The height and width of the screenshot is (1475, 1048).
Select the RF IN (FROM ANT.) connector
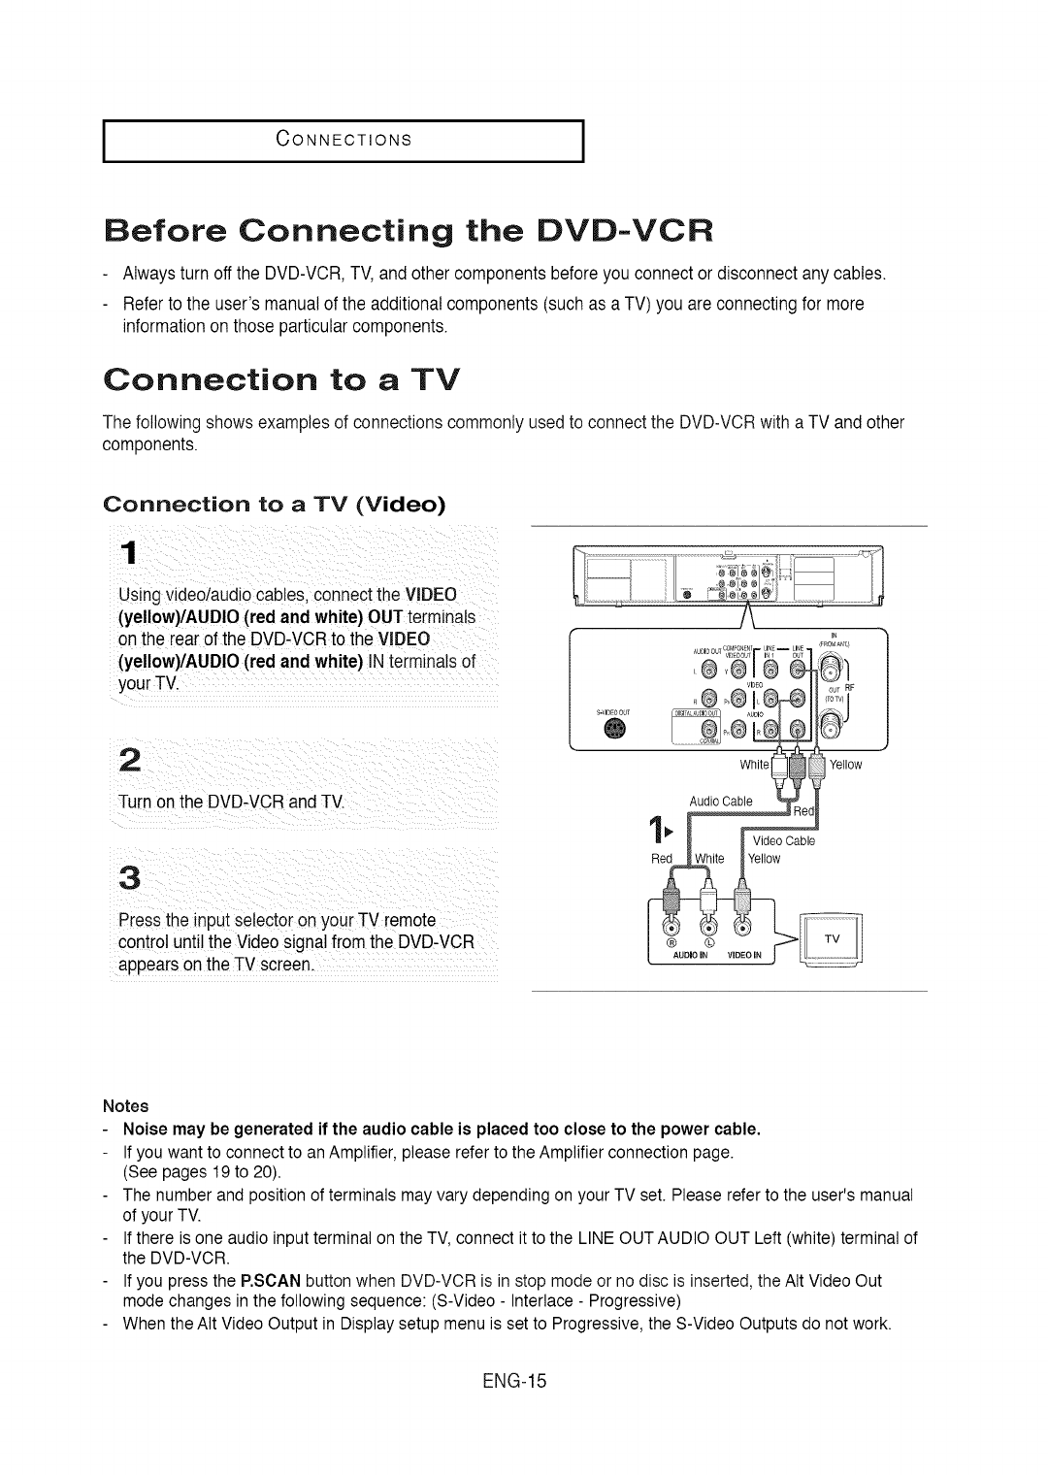pyautogui.click(x=831, y=669)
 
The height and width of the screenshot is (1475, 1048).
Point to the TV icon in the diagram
pyautogui.click(x=834, y=940)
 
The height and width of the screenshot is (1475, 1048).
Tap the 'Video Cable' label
pyautogui.click(x=784, y=840)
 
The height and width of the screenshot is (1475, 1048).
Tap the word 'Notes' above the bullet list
pyautogui.click(x=126, y=1106)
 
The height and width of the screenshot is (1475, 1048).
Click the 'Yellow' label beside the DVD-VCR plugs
pyautogui.click(x=845, y=765)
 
